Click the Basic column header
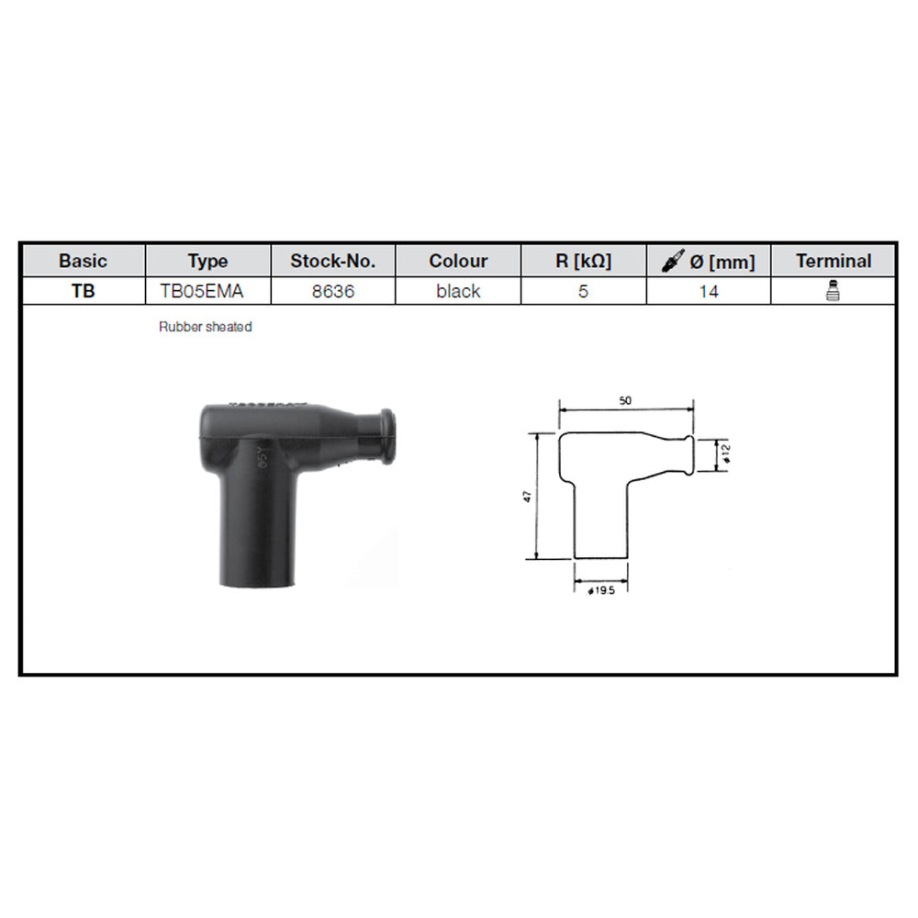click(x=83, y=261)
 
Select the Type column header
click(x=207, y=261)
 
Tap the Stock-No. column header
click(x=332, y=261)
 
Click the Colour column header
click(x=458, y=261)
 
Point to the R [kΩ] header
click(x=583, y=261)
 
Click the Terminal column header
click(x=834, y=261)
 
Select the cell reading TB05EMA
click(x=207, y=292)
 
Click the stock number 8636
click(x=332, y=292)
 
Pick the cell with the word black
click(x=458, y=292)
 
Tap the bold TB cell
click(x=83, y=292)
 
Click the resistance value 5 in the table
click(x=583, y=292)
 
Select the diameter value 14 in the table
click(x=709, y=292)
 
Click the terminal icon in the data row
click(x=834, y=292)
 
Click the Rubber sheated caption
click(x=205, y=327)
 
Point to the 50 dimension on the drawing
click(x=625, y=401)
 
